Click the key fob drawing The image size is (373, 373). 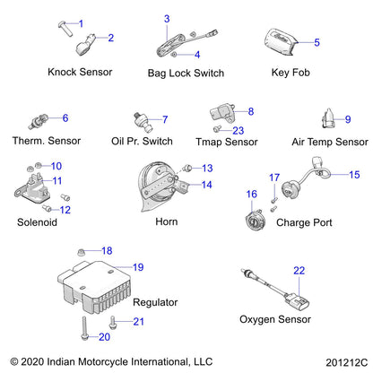pos(281,42)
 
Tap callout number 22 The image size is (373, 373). pos(299,271)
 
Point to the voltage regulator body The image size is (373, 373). pos(95,286)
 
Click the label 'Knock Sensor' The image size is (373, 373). pos(80,72)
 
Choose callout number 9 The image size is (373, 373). pos(348,119)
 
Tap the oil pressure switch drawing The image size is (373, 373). pos(143,122)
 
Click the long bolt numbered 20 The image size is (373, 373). pos(84,328)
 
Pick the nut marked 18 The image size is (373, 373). pos(80,252)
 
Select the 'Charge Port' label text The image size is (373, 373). pos(304,222)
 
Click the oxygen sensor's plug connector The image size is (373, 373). pos(298,301)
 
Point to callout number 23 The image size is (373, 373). pos(239,131)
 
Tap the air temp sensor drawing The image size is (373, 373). pos(328,118)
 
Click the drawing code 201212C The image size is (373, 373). pos(347,362)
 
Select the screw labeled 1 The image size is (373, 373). pos(65,29)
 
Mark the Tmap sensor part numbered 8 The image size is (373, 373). pos(221,113)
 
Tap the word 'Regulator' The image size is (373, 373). pos(155,302)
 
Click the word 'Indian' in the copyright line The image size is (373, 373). pos(61,361)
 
